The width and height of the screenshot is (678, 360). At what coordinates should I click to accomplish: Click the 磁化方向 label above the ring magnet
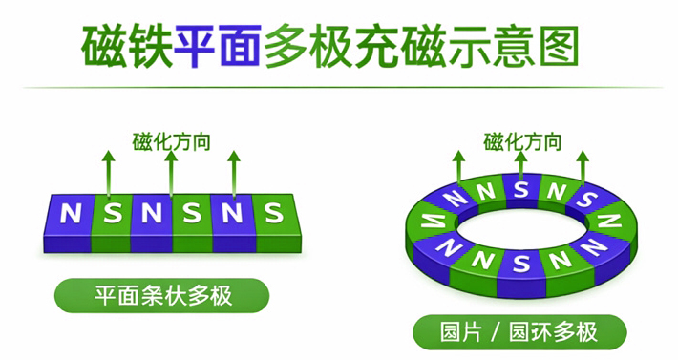click(x=522, y=143)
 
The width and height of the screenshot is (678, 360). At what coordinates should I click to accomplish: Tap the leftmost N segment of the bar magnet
click(x=70, y=213)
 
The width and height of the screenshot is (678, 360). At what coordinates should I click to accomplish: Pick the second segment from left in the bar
click(x=111, y=213)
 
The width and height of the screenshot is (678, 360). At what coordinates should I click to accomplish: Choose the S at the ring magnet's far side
click(x=521, y=187)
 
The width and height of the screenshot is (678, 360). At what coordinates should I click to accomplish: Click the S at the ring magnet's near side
click(x=521, y=259)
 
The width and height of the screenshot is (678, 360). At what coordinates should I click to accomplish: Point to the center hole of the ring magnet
click(x=521, y=223)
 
